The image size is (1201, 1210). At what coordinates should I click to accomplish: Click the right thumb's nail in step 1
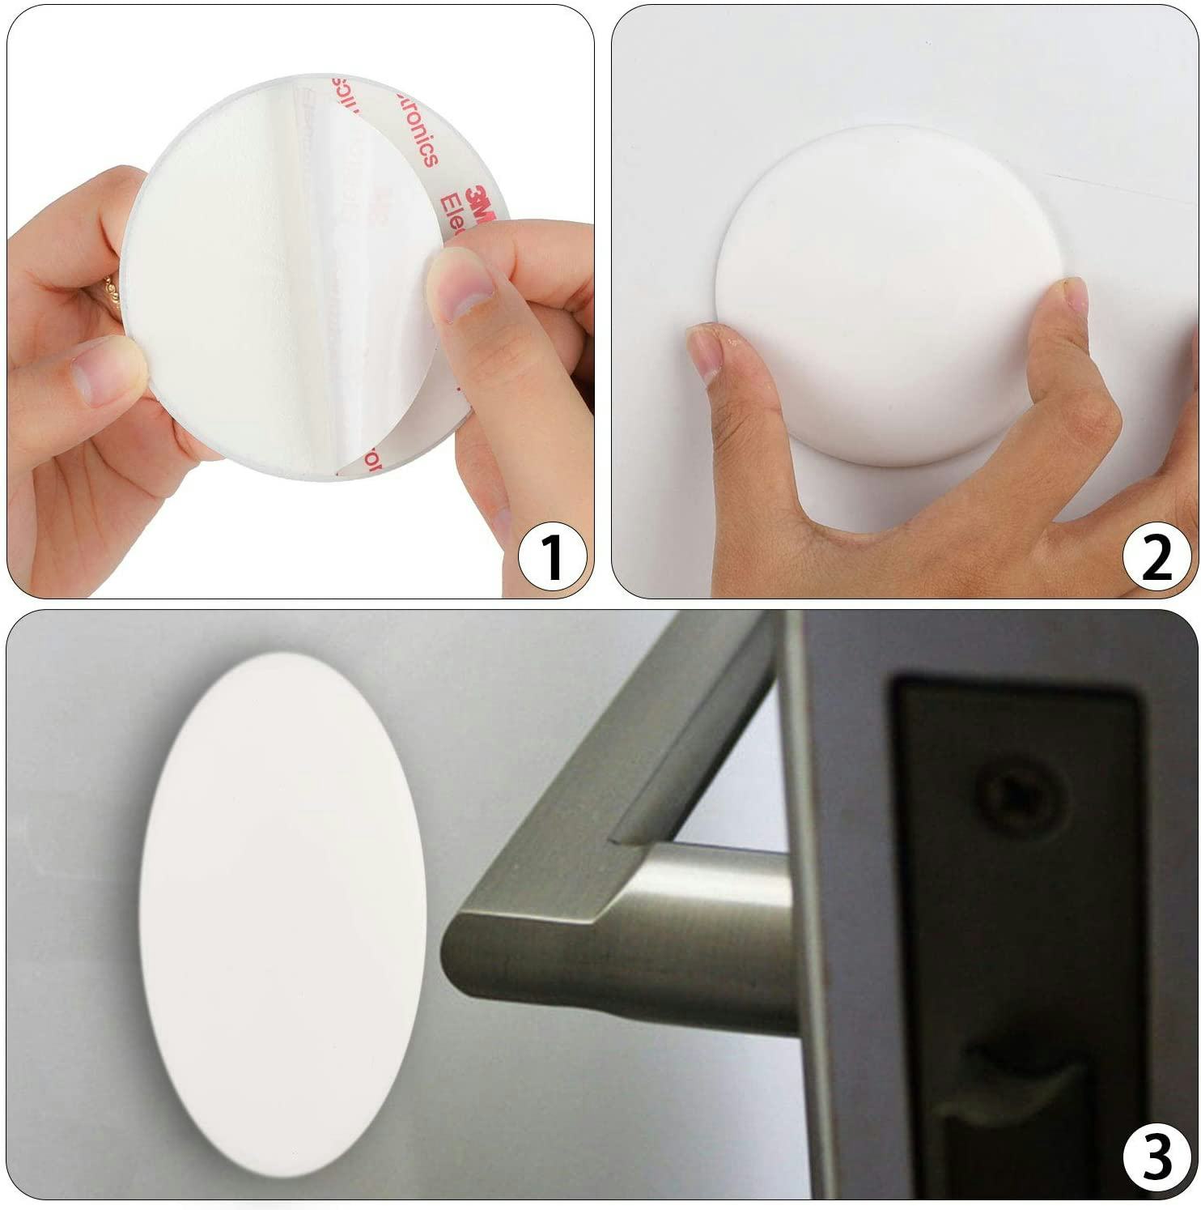point(460,281)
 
